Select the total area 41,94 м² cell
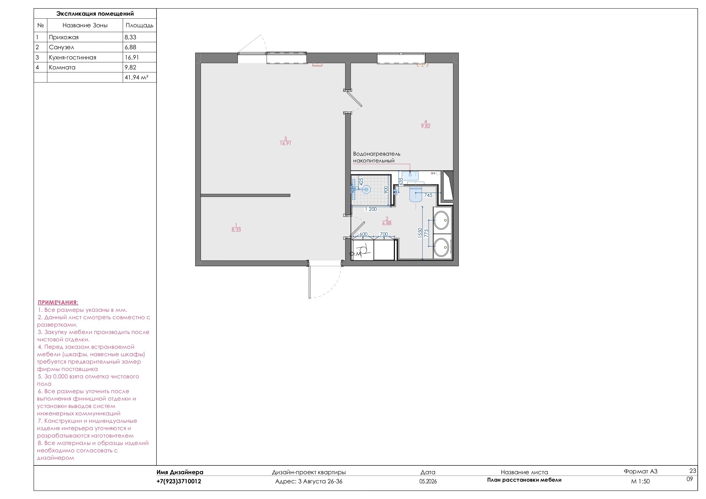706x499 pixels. click(136, 77)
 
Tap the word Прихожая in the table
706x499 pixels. click(64, 37)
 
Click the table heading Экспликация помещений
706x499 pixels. click(95, 14)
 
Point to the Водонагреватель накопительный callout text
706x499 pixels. click(376, 157)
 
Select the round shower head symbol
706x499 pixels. click(366, 189)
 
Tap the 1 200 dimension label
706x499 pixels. click(371, 209)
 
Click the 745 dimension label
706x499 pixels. click(428, 195)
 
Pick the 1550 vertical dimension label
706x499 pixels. click(420, 233)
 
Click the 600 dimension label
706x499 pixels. click(363, 234)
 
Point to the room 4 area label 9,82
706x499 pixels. click(426, 126)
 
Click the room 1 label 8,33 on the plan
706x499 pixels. click(236, 230)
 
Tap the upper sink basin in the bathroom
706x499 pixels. click(441, 220)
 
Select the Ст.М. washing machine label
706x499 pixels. click(355, 254)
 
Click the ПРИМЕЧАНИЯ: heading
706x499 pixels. click(58, 302)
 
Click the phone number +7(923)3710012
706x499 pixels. click(179, 481)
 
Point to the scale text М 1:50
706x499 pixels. click(640, 481)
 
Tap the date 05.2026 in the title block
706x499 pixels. click(428, 481)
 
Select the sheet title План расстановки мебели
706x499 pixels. click(524, 480)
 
